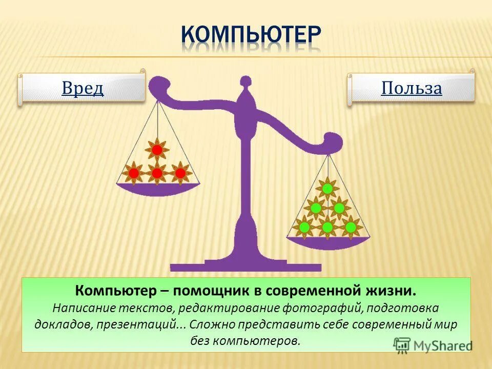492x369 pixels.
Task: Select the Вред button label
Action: pos(83,89)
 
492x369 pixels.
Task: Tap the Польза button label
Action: pos(411,89)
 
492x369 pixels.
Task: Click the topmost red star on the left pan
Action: pos(157,150)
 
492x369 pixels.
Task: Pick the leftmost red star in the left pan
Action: pos(134,173)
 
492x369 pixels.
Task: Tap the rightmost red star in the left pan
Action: pos(180,173)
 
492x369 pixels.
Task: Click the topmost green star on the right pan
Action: pos(327,189)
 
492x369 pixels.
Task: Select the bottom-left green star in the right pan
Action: pos(304,227)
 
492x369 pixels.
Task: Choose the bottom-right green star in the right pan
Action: pos(351,227)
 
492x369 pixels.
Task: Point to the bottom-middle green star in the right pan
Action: pos(327,227)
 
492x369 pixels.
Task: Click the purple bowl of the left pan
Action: pos(158,189)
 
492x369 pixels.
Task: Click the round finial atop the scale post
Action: pos(247,81)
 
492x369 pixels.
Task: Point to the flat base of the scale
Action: pos(246,266)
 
